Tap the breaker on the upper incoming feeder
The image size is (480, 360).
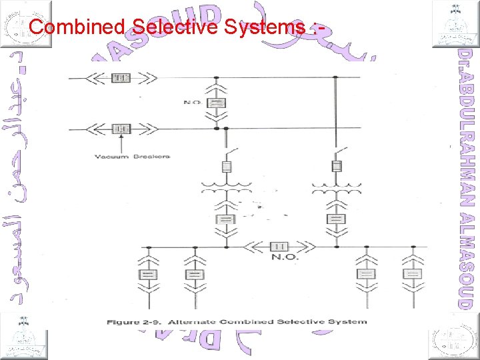pos(120,79)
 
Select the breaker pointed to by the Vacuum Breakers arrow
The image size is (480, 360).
pos(121,128)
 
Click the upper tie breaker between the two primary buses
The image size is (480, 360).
pos(216,103)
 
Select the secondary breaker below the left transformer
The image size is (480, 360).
pos(226,219)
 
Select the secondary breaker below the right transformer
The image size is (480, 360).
pos(337,219)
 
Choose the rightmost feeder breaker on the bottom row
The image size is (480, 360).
pos(414,274)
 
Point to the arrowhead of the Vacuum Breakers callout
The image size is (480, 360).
pos(121,137)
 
